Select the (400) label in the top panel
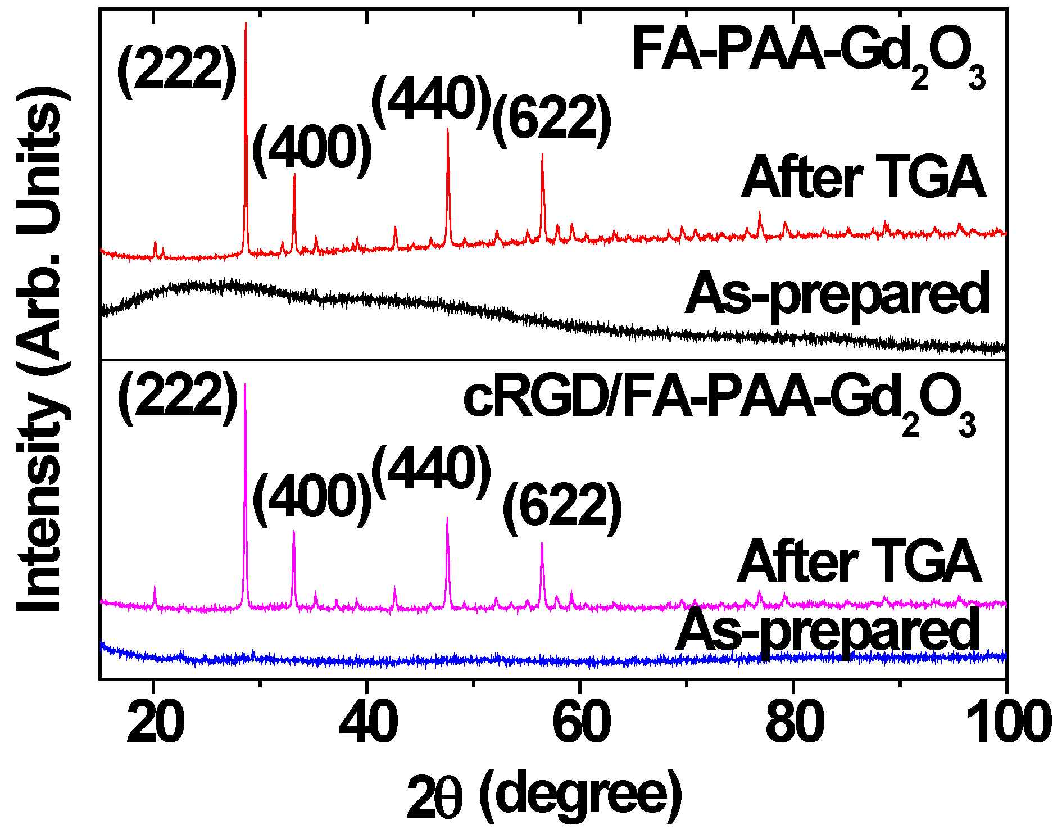click(312, 149)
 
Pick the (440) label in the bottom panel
click(432, 471)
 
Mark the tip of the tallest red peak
click(246, 24)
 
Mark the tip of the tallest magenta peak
click(245, 384)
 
